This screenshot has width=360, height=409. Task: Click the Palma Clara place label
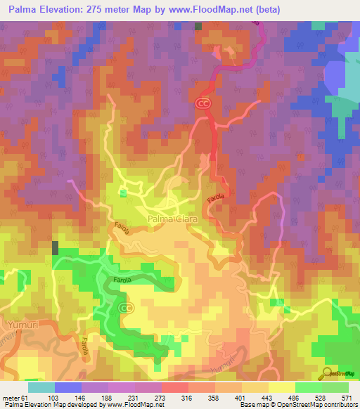(x=173, y=219)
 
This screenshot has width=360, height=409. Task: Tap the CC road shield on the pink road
(x=203, y=103)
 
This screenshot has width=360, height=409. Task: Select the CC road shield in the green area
(x=126, y=308)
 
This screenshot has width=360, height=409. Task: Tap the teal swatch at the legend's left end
(x=41, y=387)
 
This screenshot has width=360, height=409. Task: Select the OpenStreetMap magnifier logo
(x=328, y=373)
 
